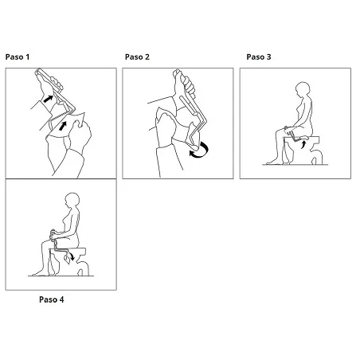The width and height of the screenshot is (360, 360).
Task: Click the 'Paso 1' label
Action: point(18,57)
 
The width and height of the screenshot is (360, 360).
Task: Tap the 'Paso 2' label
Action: point(137,57)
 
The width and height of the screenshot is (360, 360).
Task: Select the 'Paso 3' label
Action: point(259,57)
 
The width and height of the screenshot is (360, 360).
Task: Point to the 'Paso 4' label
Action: point(52,299)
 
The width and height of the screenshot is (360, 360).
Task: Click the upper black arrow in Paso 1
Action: point(48,99)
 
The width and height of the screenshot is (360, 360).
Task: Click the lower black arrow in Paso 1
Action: point(62,126)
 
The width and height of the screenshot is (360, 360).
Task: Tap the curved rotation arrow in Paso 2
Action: point(200,151)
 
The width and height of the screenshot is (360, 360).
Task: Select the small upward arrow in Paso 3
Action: point(303,145)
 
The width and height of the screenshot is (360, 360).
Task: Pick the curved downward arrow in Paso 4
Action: point(71,256)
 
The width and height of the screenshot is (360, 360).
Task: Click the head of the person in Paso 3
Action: point(302,89)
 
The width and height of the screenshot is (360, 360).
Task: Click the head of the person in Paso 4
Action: point(72,200)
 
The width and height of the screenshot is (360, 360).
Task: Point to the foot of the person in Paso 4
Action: point(39,273)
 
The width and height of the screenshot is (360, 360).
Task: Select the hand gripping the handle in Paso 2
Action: point(185,84)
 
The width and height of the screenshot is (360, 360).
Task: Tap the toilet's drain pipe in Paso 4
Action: point(83,268)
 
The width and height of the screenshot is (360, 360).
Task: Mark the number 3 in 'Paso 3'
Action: point(268,57)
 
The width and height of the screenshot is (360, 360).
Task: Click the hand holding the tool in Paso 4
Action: point(54,234)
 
